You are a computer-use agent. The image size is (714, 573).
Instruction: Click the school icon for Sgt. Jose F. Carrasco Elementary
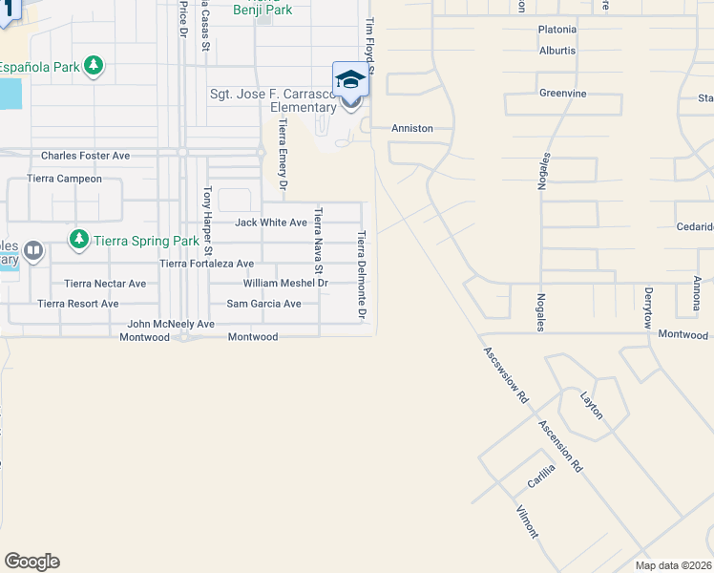click(x=349, y=79)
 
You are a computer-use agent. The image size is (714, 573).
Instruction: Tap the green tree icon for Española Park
click(x=94, y=66)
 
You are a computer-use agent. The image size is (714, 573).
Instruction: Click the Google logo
click(x=31, y=562)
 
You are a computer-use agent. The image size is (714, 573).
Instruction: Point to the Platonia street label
click(x=557, y=30)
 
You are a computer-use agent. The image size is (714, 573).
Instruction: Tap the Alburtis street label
click(x=557, y=51)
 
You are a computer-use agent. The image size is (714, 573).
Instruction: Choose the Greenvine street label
click(x=562, y=94)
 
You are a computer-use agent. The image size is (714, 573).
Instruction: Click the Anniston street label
click(x=412, y=128)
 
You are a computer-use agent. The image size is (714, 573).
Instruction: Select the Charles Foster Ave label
click(x=85, y=155)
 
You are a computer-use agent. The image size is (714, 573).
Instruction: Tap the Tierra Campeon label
click(x=65, y=179)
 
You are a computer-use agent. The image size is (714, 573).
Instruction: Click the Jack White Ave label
click(x=271, y=223)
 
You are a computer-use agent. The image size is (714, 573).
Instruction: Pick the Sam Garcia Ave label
click(x=263, y=304)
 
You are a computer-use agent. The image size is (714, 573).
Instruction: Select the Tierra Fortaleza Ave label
click(x=207, y=264)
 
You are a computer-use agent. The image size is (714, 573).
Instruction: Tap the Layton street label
click(x=592, y=405)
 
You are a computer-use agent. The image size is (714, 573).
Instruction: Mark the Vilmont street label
click(x=527, y=521)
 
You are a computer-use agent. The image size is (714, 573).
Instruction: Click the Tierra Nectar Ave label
click(x=105, y=284)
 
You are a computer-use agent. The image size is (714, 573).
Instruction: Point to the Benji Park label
click(x=262, y=11)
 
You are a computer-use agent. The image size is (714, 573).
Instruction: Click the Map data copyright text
click(x=672, y=565)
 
